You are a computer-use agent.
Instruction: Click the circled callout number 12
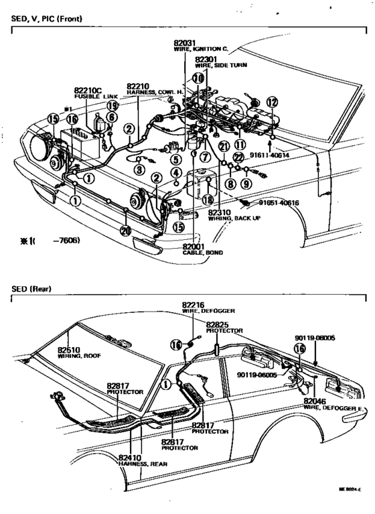click(x=271, y=102)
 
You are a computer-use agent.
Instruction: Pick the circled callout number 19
click(x=112, y=105)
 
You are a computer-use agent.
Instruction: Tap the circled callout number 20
click(x=125, y=231)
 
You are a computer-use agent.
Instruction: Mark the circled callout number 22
click(x=237, y=157)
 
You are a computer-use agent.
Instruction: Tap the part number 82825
click(x=218, y=324)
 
